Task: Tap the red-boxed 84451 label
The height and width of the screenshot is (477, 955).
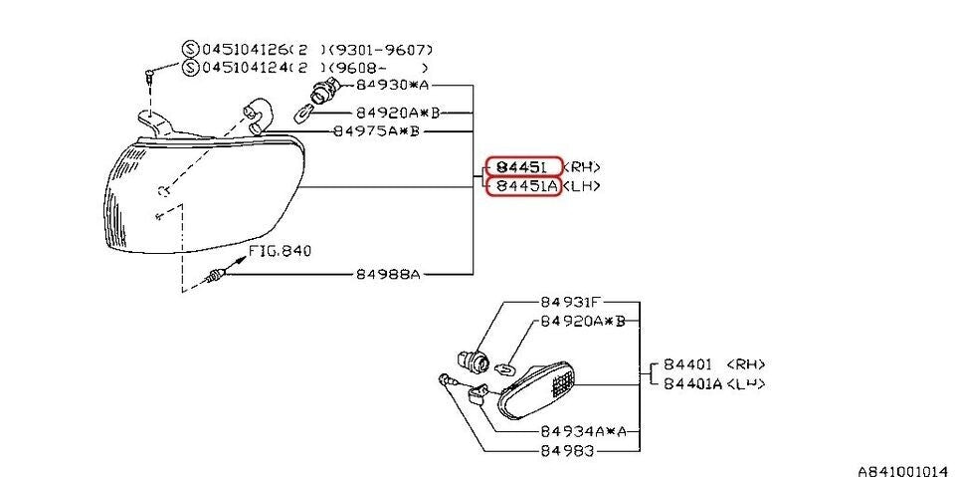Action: coord(522,166)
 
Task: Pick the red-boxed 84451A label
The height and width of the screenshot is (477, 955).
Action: coord(522,186)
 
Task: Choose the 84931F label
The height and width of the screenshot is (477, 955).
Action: coord(571,301)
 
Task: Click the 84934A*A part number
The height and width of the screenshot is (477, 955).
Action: coord(583,431)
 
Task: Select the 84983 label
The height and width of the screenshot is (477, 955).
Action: coord(567,450)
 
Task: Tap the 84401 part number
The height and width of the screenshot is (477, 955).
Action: coord(684,364)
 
